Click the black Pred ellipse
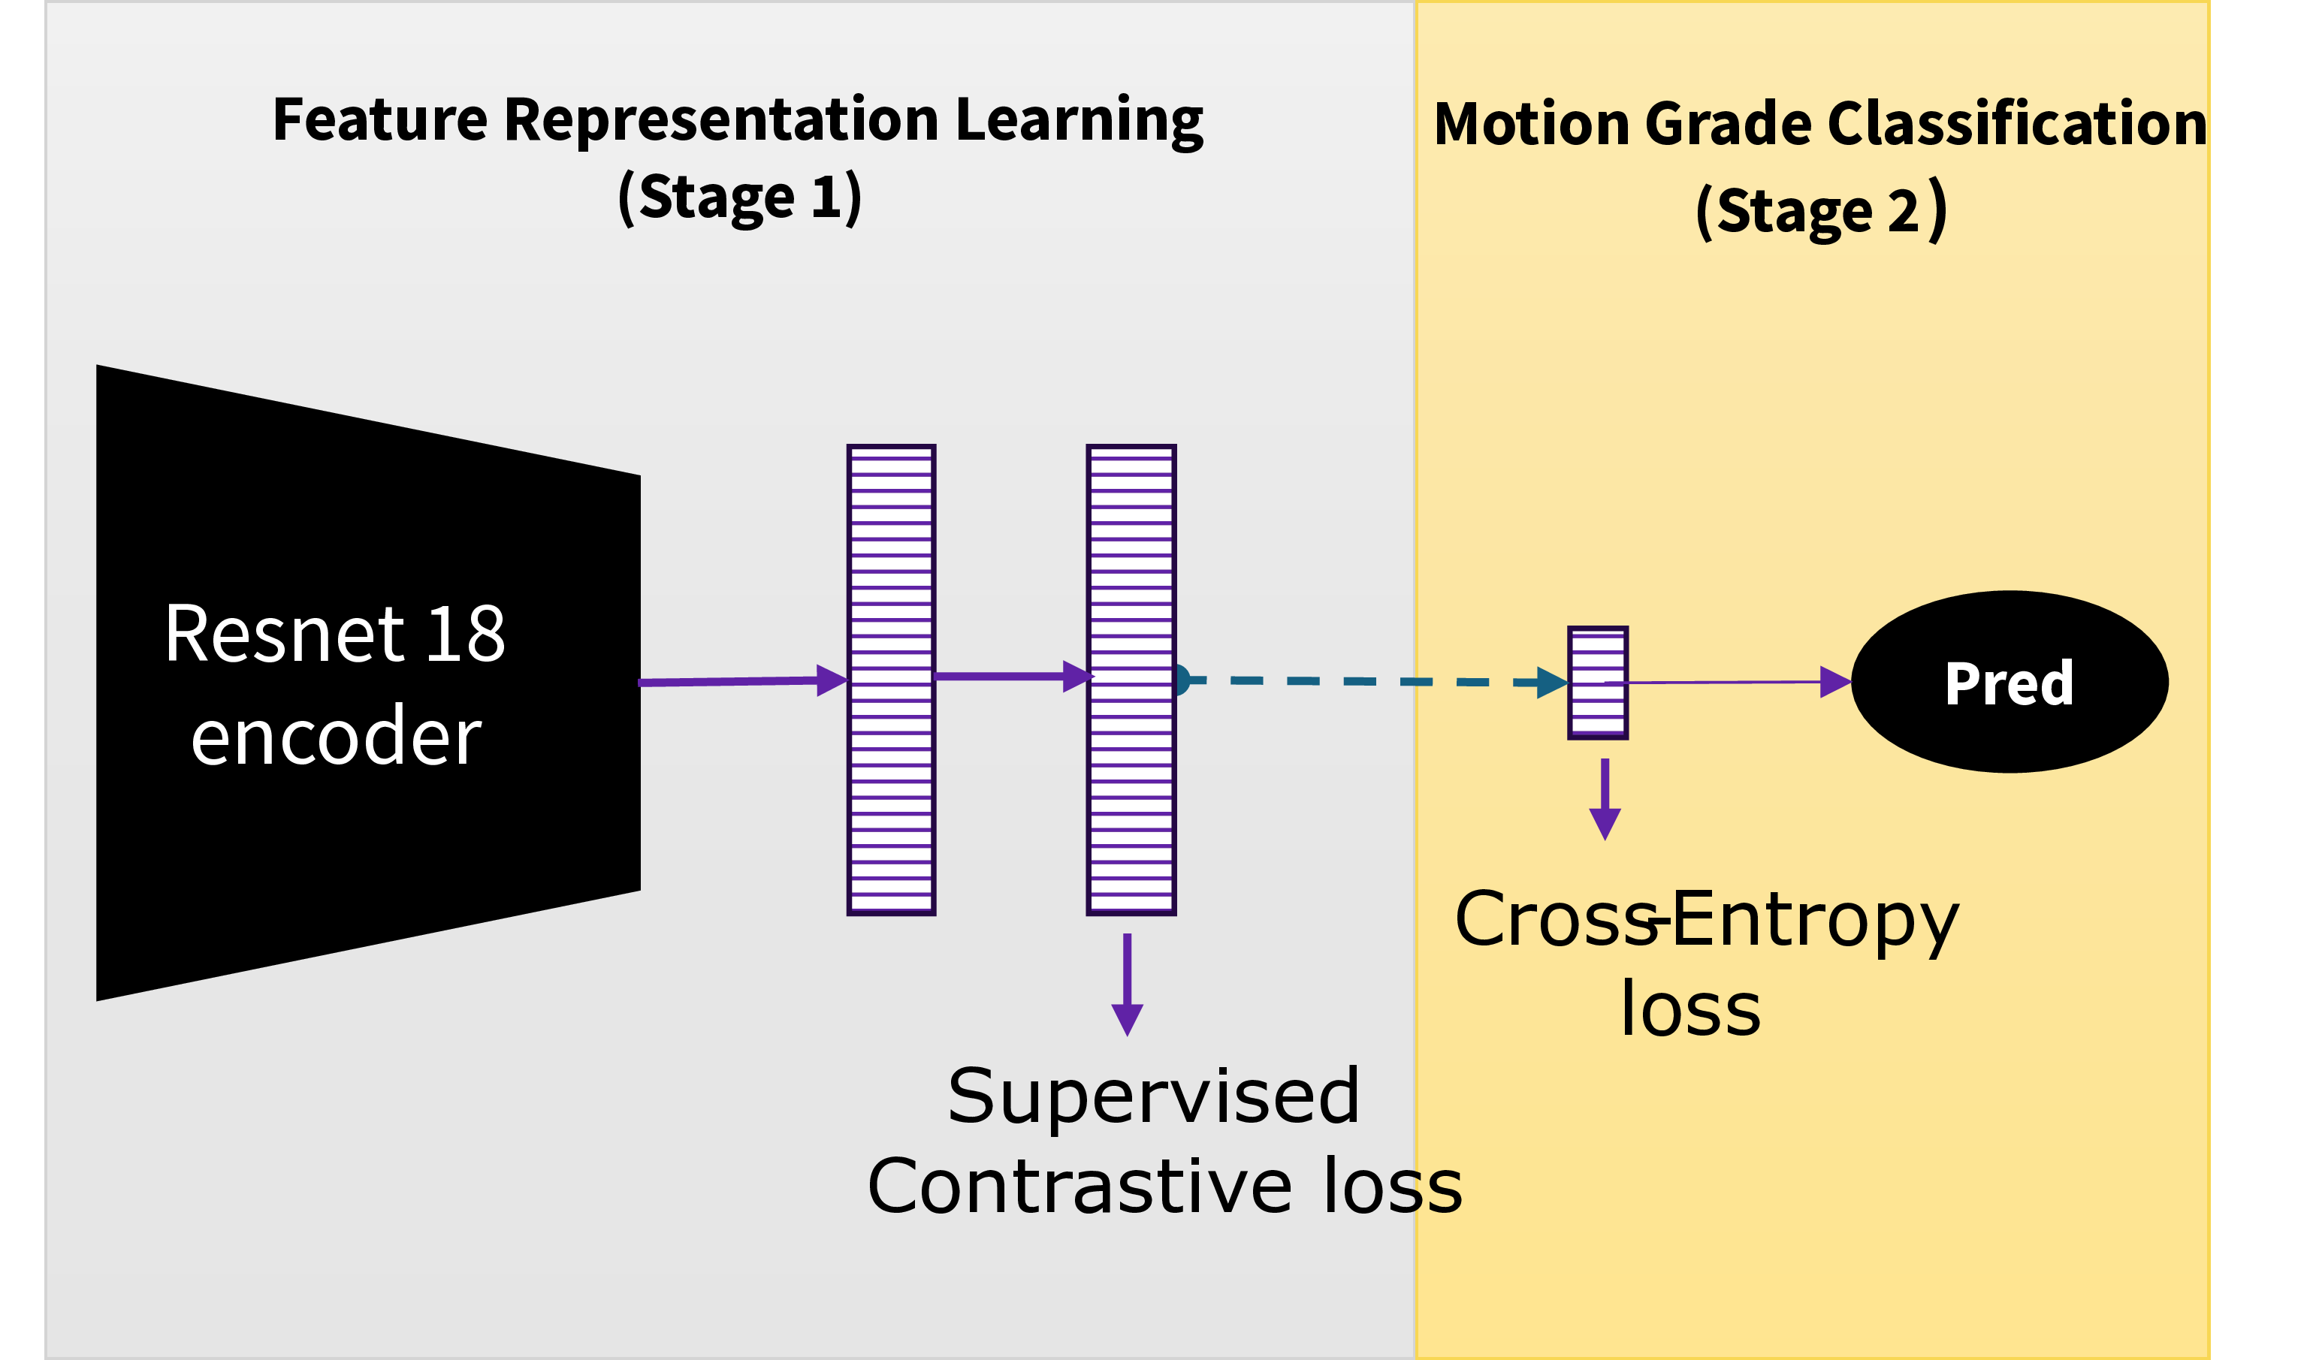(2010, 682)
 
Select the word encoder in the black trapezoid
(336, 737)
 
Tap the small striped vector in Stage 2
(1598, 683)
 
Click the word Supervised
(1153, 1096)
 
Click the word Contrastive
(1080, 1186)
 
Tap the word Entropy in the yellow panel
(1815, 920)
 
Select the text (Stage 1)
(739, 197)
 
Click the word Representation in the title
(720, 120)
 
